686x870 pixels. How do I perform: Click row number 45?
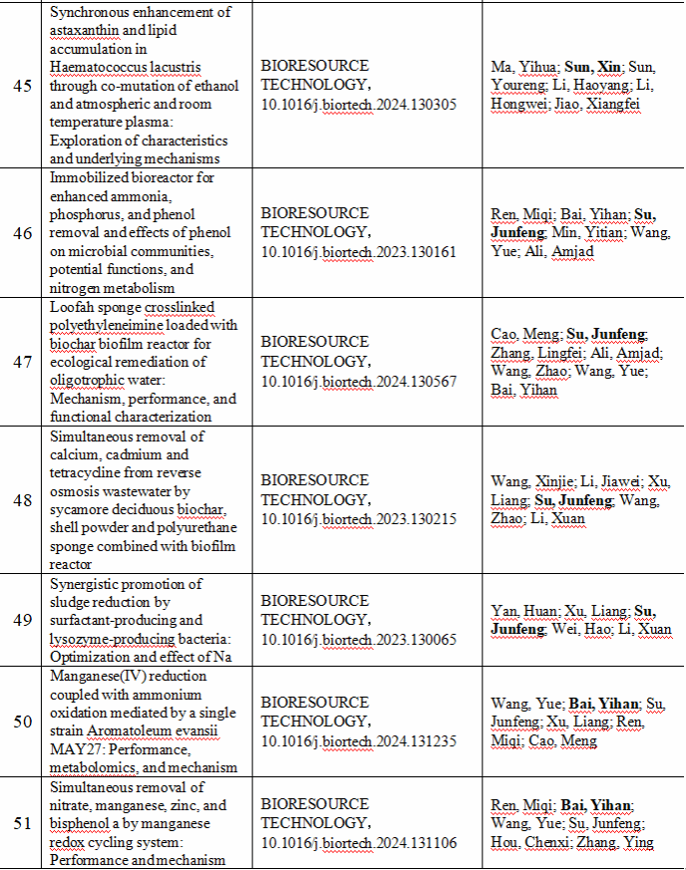click(x=22, y=85)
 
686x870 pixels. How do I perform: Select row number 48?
click(x=22, y=499)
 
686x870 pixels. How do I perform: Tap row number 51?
click(x=22, y=823)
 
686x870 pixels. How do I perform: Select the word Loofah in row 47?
click(x=74, y=307)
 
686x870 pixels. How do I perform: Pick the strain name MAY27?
click(x=73, y=749)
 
